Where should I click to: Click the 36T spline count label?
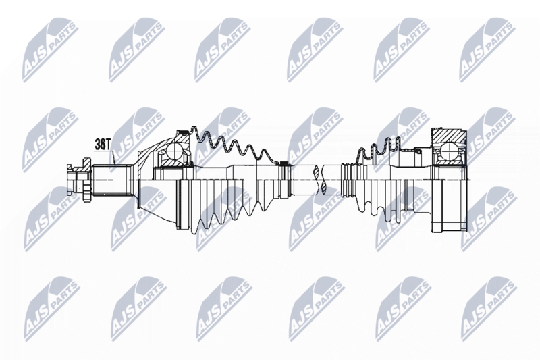[103, 145]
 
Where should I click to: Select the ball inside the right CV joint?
[449, 151]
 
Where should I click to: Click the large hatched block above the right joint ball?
[448, 136]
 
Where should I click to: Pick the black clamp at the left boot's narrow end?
[284, 163]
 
